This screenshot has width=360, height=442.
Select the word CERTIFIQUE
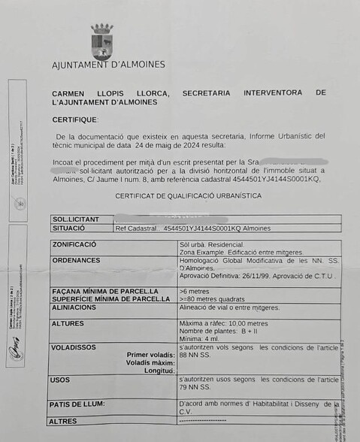point(75,120)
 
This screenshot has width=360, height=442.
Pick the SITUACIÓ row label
point(69,228)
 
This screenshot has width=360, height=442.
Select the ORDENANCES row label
point(76,260)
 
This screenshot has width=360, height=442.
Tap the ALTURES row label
point(68,323)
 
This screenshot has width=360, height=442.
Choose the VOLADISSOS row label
point(74,348)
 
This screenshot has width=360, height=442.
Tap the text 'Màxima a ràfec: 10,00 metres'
point(224,323)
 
